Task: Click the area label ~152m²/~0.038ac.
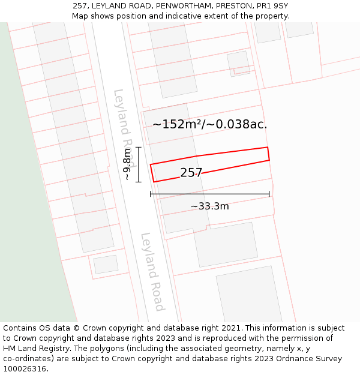209,125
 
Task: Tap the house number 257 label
191,173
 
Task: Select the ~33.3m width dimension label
209,206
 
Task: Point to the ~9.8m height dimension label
127,164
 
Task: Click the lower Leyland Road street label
152,272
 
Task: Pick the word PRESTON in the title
232,6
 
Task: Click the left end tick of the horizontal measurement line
150,194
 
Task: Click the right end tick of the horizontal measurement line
269,194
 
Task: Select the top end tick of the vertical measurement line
139,147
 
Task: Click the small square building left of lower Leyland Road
106,264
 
